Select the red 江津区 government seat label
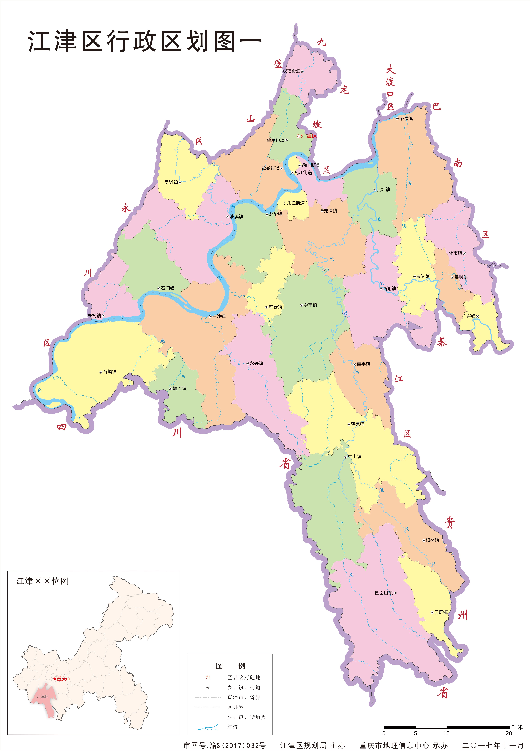click(309, 136)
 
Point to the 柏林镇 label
click(433, 540)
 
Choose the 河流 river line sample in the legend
click(208, 728)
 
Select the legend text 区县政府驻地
click(244, 677)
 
